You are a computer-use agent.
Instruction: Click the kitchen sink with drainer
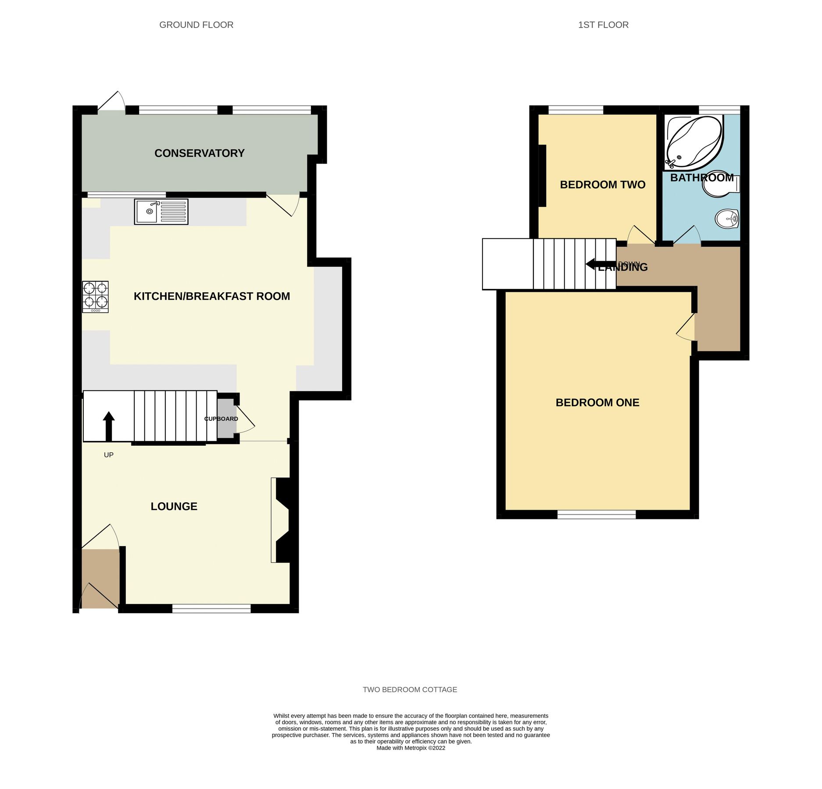tap(161, 212)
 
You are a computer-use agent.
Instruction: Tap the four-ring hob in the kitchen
tap(95, 296)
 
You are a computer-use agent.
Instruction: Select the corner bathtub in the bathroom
tap(693, 142)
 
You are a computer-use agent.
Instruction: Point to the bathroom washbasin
tap(727, 219)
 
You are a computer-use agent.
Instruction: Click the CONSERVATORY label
tap(199, 153)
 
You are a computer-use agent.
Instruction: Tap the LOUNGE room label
tap(174, 506)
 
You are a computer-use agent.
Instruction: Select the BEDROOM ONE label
tap(597, 402)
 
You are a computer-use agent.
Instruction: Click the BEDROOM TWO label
tap(602, 185)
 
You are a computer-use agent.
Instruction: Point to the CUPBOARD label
tap(221, 419)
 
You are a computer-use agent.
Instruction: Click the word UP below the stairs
tap(108, 455)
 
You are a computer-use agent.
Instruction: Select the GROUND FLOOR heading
tap(196, 25)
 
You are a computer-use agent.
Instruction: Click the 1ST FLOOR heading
tap(603, 25)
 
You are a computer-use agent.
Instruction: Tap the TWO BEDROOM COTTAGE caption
tap(410, 689)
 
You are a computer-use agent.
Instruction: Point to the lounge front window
tap(211, 608)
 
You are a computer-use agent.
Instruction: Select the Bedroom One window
tap(596, 515)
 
